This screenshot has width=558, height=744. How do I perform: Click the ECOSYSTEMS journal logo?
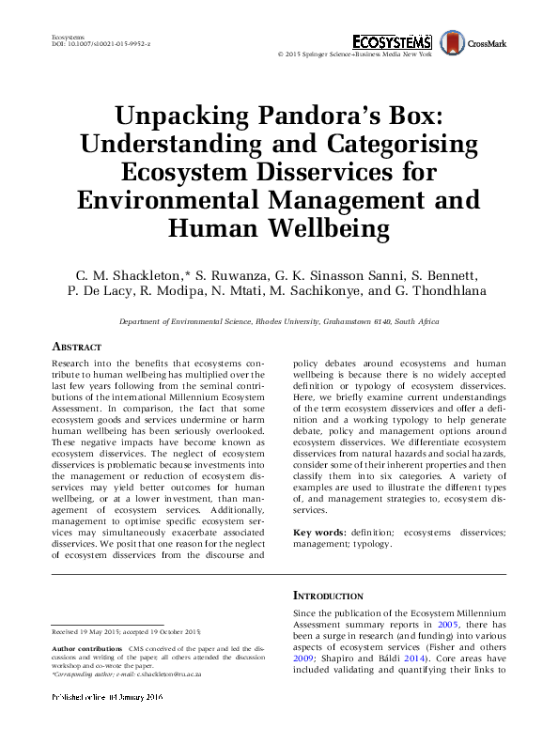point(392,41)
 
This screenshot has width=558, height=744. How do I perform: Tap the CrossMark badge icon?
point(453,41)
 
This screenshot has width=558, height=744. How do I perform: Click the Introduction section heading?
point(328,596)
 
